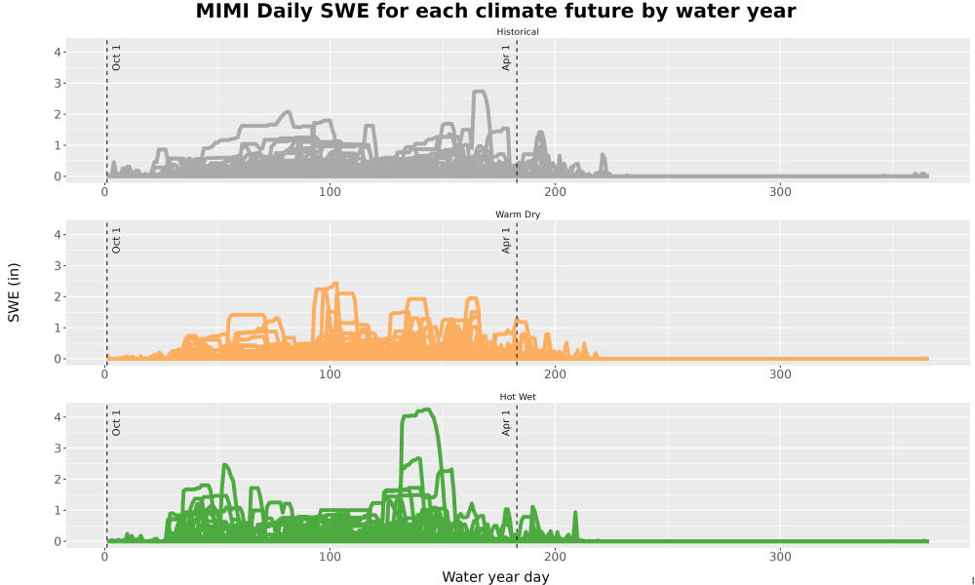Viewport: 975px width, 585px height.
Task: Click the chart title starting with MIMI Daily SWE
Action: [495, 11]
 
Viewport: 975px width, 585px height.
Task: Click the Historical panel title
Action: [518, 32]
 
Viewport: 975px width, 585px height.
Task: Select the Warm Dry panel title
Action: [518, 214]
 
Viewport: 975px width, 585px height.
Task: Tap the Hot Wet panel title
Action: [518, 397]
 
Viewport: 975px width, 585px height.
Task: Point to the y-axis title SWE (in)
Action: [14, 292]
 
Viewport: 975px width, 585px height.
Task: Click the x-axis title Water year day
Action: [495, 577]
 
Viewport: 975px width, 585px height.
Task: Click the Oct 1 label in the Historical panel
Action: [116, 58]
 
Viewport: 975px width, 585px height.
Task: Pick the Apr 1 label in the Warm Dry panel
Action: [506, 241]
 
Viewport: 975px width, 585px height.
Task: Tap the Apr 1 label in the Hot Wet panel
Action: [506, 423]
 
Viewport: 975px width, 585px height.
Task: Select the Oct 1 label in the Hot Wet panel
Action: [116, 423]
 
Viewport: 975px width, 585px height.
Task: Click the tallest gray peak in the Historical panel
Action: [479, 92]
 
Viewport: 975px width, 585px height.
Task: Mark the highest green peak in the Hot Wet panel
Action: [426, 409]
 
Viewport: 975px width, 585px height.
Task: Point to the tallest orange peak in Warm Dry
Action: [335, 284]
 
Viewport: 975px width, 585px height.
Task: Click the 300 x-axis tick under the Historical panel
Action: [780, 192]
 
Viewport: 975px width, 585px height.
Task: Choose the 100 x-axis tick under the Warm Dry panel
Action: [330, 374]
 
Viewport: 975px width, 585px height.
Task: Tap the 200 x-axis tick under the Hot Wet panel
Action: [555, 557]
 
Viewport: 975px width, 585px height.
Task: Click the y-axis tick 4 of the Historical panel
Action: [58, 53]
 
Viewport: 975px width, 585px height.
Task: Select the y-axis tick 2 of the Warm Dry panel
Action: [58, 297]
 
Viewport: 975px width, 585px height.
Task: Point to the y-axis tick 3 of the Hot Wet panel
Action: [58, 448]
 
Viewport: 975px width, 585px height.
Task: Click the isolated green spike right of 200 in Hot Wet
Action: [575, 513]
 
